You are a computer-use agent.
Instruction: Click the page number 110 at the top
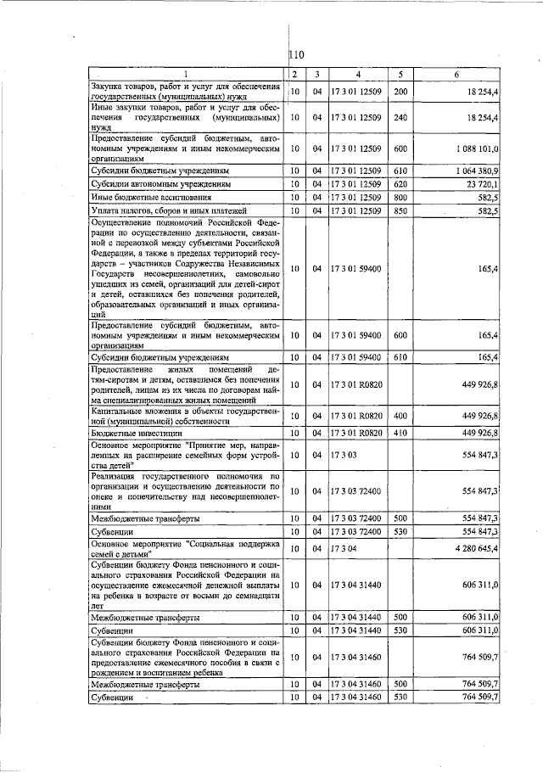(x=297, y=56)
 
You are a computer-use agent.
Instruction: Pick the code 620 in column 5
(x=401, y=183)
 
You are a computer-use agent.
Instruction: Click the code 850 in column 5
(x=401, y=210)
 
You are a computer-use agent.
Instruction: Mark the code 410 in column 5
(x=401, y=433)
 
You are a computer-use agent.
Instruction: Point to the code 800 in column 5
(x=401, y=197)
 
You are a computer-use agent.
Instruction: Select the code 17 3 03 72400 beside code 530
(x=358, y=531)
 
